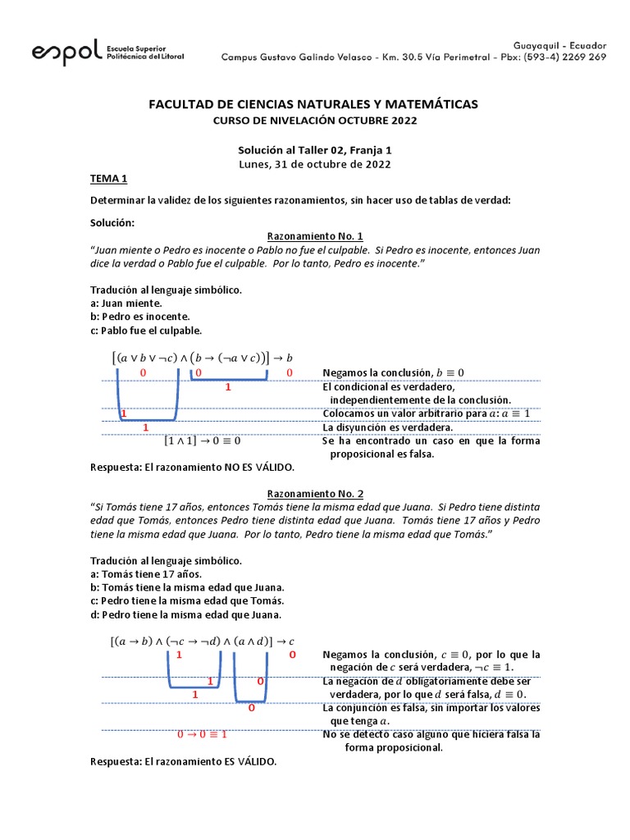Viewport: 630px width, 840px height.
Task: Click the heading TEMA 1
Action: pyautogui.click(x=108, y=179)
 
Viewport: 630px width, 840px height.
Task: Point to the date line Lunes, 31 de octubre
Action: pyautogui.click(x=315, y=163)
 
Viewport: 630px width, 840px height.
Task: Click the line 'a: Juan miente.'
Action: pyautogui.click(x=126, y=303)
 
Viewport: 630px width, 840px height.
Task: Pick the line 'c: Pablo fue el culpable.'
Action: pyautogui.click(x=146, y=330)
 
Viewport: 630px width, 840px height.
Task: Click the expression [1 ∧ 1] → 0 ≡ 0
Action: pyautogui.click(x=202, y=441)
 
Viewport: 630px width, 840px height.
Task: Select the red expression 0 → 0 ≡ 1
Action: pyautogui.click(x=202, y=734)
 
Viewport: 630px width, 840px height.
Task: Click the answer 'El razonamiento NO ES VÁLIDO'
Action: pyautogui.click(x=191, y=467)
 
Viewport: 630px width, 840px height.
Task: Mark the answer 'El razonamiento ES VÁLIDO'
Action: pyautogui.click(x=183, y=761)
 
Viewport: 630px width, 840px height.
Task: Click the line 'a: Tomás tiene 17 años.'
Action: pyautogui.click(x=145, y=573)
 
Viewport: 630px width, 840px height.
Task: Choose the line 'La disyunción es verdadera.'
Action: pyautogui.click(x=388, y=427)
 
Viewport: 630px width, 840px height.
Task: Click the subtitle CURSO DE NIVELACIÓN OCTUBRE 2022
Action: pyautogui.click(x=315, y=121)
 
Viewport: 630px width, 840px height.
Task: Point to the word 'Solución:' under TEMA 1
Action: pyautogui.click(x=112, y=222)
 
